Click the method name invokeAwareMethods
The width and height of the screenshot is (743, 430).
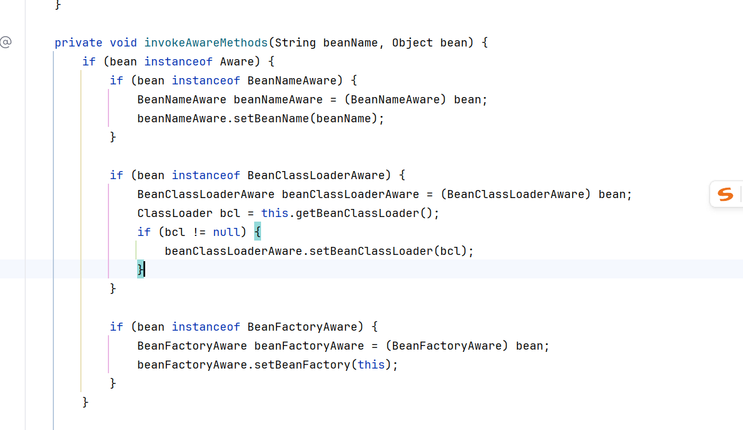(x=206, y=43)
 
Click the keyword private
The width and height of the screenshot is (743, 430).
(x=79, y=43)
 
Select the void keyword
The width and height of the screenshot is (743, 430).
(x=123, y=43)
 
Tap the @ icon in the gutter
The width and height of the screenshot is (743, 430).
(x=6, y=42)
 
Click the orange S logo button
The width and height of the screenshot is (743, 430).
(x=725, y=195)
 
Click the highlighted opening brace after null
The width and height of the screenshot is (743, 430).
(x=258, y=231)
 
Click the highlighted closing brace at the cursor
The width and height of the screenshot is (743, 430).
(x=141, y=269)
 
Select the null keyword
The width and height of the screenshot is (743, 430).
(x=226, y=232)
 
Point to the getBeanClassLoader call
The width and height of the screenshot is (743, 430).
(x=357, y=214)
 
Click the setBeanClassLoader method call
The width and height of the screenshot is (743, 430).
(x=371, y=251)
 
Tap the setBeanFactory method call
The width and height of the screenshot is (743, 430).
(x=302, y=365)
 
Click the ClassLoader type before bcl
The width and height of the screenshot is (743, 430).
(x=175, y=214)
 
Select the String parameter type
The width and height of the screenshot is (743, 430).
(x=295, y=43)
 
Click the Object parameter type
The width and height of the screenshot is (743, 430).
(x=413, y=43)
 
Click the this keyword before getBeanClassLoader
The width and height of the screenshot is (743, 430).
(x=275, y=214)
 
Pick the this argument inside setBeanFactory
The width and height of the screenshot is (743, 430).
(x=371, y=365)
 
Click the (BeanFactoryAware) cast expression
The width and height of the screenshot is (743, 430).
(x=446, y=346)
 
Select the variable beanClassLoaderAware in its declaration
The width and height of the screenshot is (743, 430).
(x=351, y=195)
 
